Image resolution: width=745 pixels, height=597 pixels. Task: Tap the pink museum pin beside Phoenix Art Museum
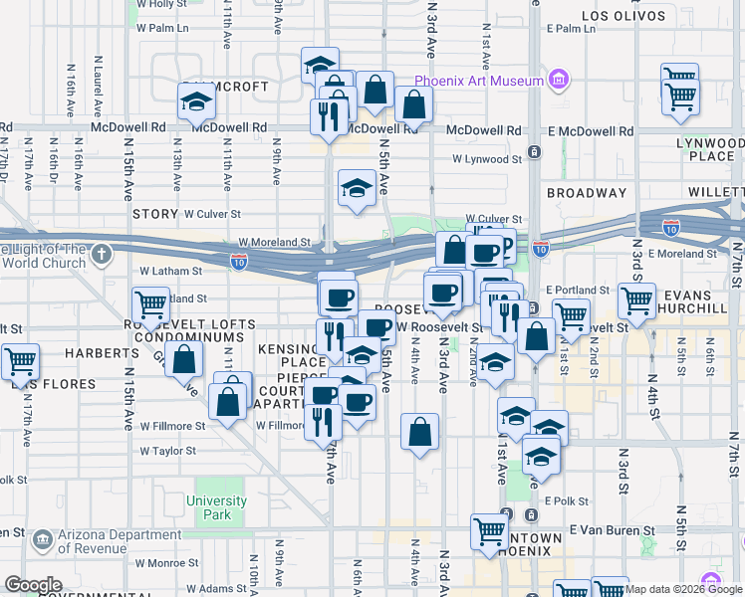[558, 79]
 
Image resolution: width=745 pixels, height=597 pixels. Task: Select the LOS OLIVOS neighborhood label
[623, 16]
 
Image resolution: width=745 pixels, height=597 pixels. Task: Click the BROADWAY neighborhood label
[586, 193]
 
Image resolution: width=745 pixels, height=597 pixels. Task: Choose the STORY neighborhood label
[154, 214]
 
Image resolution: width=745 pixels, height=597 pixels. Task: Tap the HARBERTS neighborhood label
[103, 353]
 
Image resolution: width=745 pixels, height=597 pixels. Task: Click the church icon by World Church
[101, 255]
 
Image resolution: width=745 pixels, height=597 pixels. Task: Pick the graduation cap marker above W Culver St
[357, 188]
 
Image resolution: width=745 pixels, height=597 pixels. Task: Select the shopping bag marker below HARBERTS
[184, 359]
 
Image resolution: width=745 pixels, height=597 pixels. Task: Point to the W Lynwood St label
[486, 158]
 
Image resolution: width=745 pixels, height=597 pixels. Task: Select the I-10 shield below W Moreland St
[239, 262]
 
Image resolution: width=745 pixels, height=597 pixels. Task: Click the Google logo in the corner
[33, 585]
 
